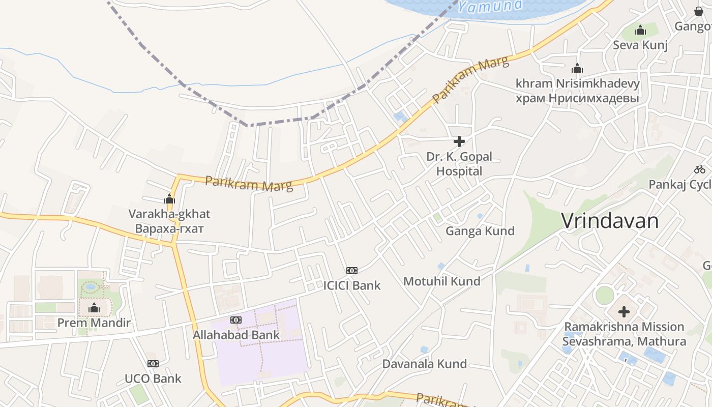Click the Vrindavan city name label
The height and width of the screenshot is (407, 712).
(610, 221)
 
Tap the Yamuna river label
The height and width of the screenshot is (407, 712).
(490, 6)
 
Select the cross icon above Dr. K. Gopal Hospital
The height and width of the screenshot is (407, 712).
(459, 141)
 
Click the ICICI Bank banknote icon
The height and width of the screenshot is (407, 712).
(351, 271)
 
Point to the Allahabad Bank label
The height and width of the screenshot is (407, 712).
(236, 335)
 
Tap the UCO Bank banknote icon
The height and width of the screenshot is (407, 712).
(153, 364)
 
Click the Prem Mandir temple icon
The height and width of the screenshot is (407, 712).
(94, 308)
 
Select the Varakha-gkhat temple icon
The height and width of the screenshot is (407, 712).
(169, 199)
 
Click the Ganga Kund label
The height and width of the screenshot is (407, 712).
(480, 231)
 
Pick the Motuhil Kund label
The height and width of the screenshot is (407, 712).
(441, 281)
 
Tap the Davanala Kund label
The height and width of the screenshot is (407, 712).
(424, 364)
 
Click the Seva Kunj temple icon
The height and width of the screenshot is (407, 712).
(640, 31)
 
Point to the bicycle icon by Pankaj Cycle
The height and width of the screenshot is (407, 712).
(700, 169)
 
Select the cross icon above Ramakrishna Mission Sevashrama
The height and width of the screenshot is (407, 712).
(624, 312)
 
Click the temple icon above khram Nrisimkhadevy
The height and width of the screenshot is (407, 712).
(577, 69)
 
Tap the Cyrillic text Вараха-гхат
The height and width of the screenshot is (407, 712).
(169, 228)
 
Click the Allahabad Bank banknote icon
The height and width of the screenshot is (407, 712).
(236, 320)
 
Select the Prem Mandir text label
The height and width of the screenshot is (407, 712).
(94, 323)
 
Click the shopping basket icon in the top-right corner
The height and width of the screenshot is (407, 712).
(699, 11)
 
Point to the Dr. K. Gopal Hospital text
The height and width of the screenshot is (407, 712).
(459, 164)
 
